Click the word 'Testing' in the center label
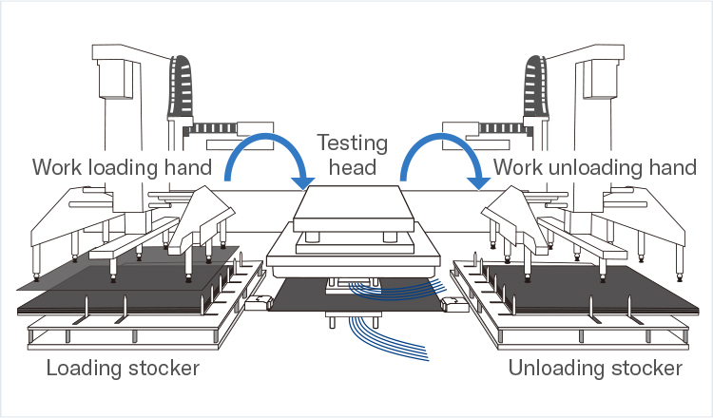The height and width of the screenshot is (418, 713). coord(353,143)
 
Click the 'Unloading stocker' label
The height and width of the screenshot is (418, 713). coord(595,368)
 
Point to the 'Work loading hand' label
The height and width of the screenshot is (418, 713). coord(121,168)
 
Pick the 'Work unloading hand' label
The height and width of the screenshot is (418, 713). coord(595,168)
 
